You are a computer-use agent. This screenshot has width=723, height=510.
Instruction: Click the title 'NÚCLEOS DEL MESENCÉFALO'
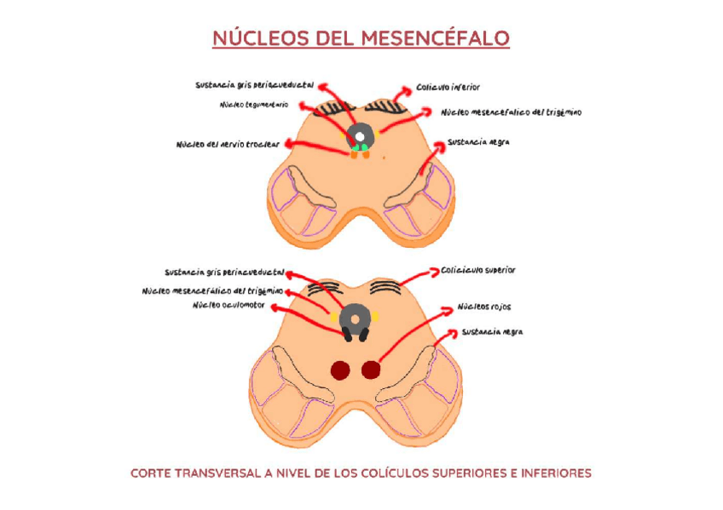(361, 39)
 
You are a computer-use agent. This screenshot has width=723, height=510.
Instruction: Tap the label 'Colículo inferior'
(448, 87)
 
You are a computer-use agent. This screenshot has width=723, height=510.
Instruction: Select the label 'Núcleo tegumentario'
(254, 105)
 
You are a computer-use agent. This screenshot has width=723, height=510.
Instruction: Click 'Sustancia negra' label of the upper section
(478, 142)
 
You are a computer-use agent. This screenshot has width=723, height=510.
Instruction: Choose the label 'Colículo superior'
(478, 270)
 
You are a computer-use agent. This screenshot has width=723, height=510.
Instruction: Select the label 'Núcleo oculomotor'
(229, 305)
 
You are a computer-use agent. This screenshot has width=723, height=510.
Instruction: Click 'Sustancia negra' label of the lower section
(492, 331)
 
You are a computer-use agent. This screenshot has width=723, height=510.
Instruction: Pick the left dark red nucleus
(341, 370)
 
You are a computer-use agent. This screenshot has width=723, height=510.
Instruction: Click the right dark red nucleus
(370, 370)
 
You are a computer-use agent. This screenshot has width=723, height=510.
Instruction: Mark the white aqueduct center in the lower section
(355, 319)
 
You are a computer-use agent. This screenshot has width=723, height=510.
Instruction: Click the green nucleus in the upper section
(360, 148)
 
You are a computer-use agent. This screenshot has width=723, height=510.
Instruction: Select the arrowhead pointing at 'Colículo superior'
(434, 271)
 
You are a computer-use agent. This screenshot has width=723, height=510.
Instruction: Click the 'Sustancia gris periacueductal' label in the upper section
(254, 85)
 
